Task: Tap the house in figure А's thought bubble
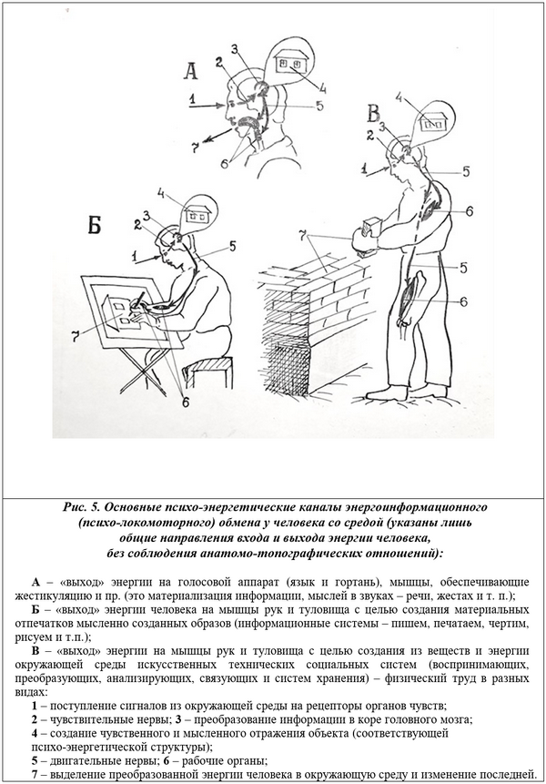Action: (290, 59)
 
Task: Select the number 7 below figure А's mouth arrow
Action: (196, 146)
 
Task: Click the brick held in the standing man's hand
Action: (372, 227)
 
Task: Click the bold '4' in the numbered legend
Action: (34, 734)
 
